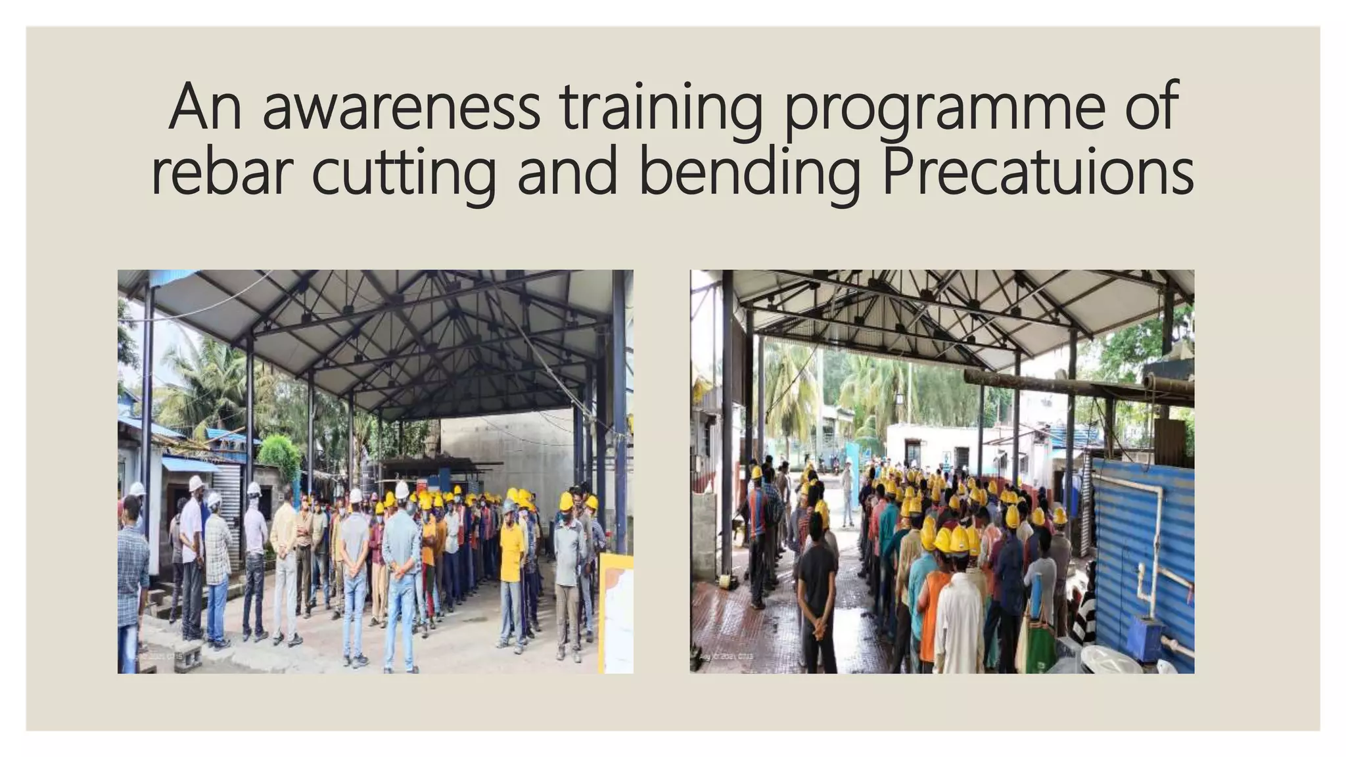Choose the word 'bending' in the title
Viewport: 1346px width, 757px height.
[749, 172]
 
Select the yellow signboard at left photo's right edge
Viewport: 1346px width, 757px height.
[616, 611]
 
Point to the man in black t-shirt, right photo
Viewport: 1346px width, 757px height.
[817, 591]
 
